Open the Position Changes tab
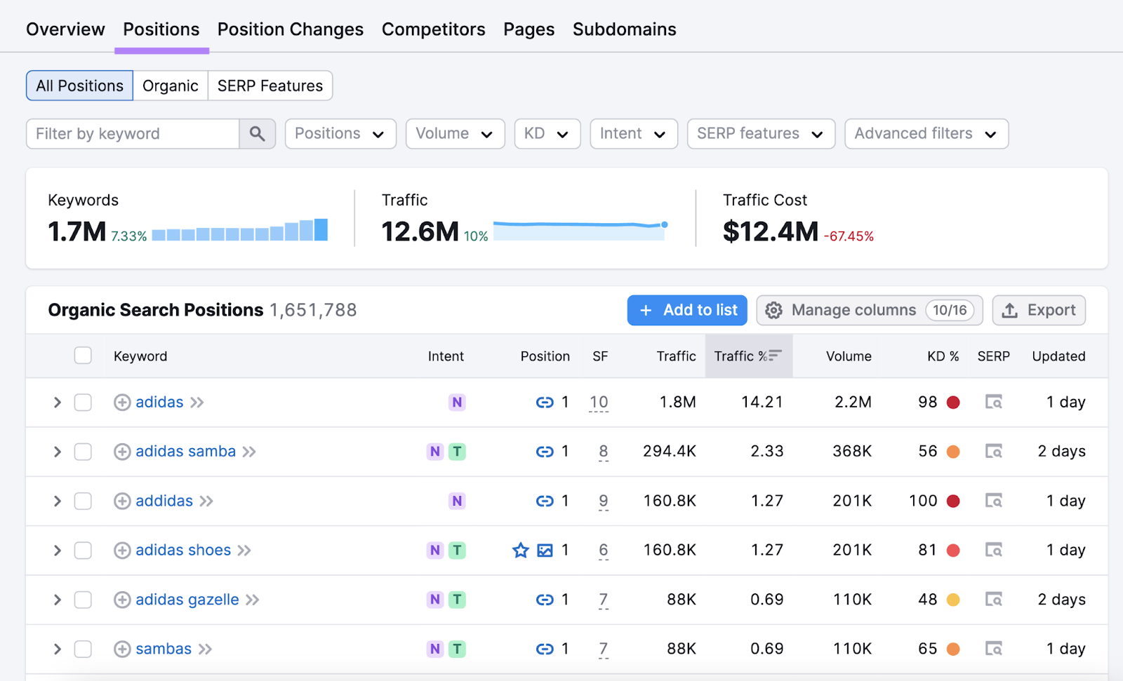click(x=290, y=29)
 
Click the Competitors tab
click(x=433, y=29)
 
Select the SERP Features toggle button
click(x=270, y=86)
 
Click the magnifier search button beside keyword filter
click(x=257, y=133)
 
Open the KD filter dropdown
click(x=547, y=133)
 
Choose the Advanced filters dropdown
click(x=926, y=133)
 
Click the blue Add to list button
click(x=686, y=310)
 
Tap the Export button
click(x=1038, y=310)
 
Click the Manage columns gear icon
click(x=773, y=310)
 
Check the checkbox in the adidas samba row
click(x=83, y=452)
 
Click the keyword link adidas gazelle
click(x=187, y=600)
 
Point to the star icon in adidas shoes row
click(x=520, y=551)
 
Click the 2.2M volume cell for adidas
click(x=853, y=403)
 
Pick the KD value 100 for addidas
click(x=922, y=501)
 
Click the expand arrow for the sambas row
click(x=58, y=649)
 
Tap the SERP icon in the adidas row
click(x=993, y=403)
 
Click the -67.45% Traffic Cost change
click(x=849, y=236)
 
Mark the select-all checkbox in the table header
click(x=83, y=356)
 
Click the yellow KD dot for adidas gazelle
click(x=952, y=600)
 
